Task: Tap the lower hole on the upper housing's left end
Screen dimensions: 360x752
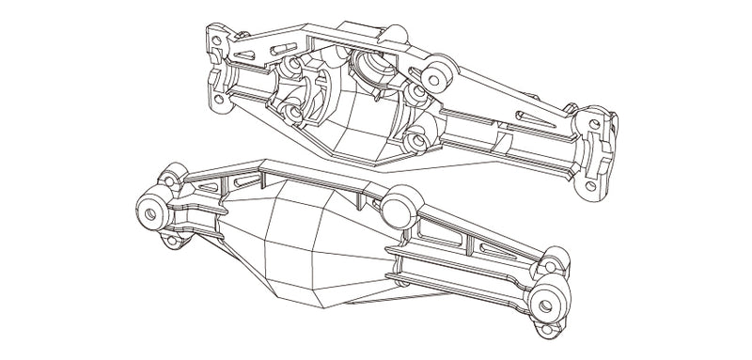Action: (223, 100)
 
